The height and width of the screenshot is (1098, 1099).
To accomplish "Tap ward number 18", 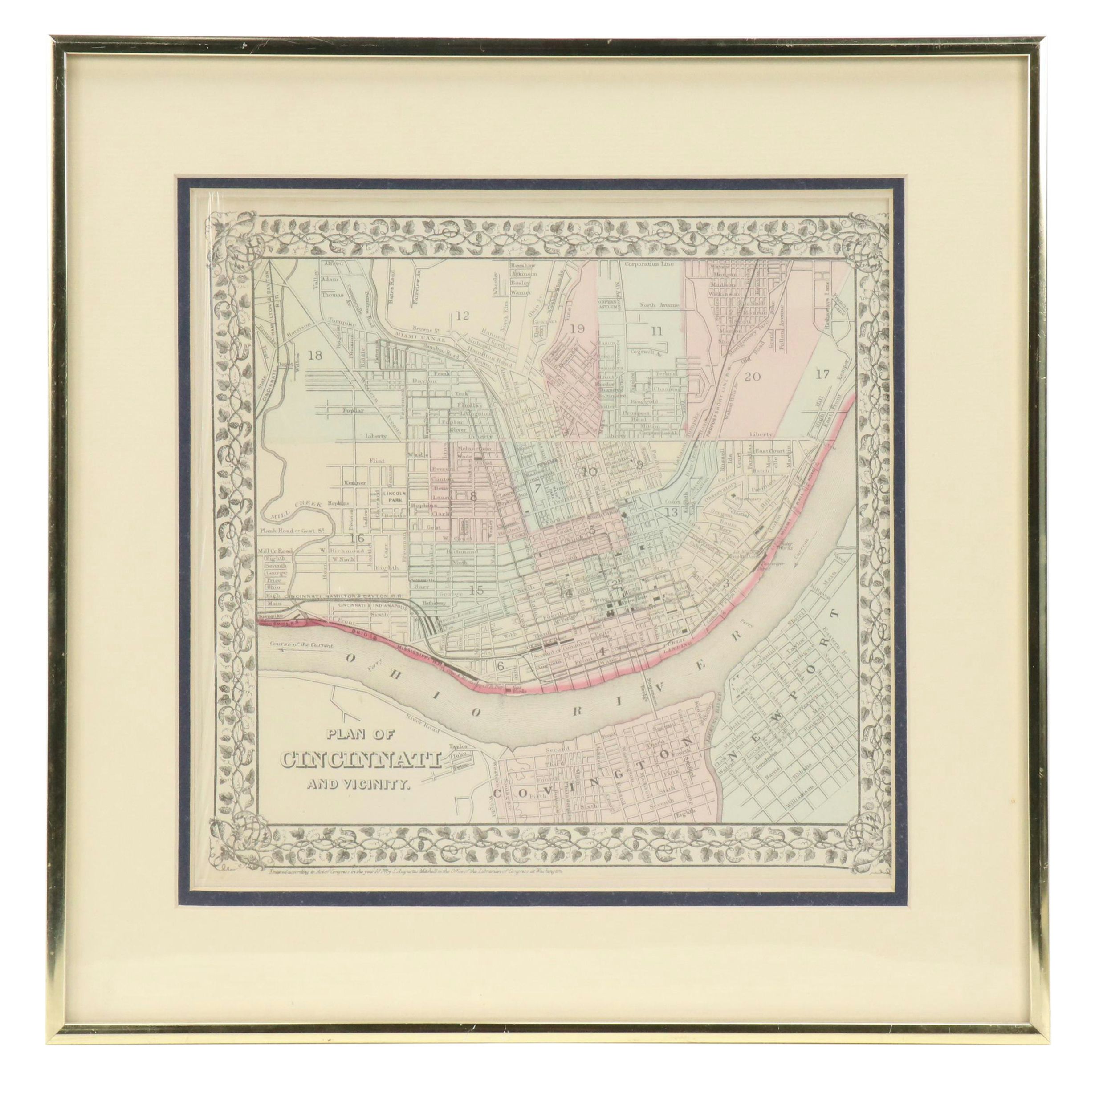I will pos(314,356).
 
